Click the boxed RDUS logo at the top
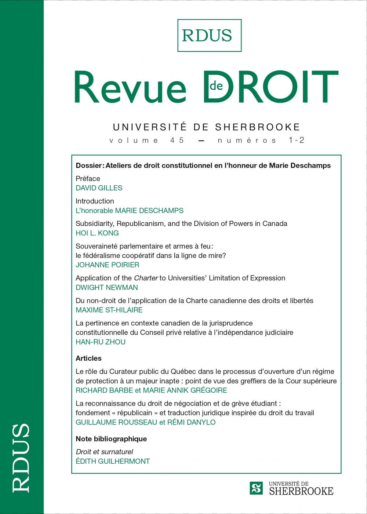click(209, 36)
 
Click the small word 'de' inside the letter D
click(217, 86)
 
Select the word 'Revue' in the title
click(130, 88)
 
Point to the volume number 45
click(177, 140)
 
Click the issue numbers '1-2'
click(297, 140)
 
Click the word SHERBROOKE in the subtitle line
click(258, 127)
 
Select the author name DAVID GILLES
click(99, 188)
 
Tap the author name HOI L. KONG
click(97, 233)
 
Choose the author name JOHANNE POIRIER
click(108, 265)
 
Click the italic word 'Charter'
click(146, 278)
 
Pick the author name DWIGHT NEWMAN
click(107, 288)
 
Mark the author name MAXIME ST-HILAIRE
click(109, 310)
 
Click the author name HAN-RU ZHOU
click(101, 342)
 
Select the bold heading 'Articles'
click(88, 358)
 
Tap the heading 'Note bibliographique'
click(111, 439)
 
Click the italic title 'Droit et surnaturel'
click(104, 452)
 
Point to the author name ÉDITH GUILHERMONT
click(113, 461)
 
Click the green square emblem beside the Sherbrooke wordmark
click(256, 488)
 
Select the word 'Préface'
click(88, 179)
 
